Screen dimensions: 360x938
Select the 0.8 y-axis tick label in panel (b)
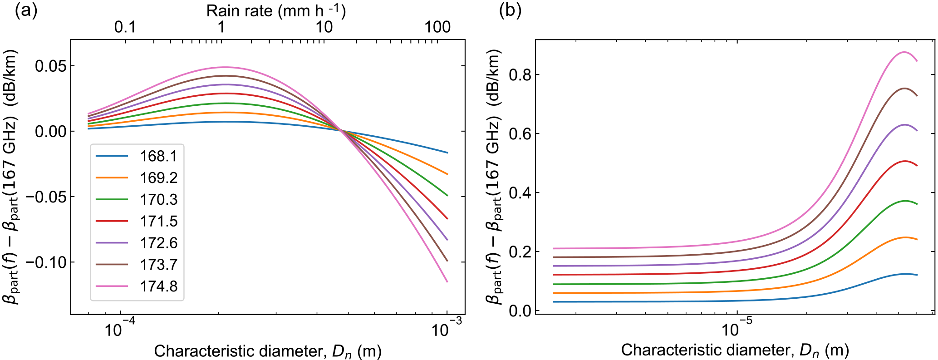click(x=520, y=75)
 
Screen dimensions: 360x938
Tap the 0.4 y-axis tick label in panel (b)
click(x=520, y=193)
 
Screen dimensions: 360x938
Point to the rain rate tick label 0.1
click(x=125, y=27)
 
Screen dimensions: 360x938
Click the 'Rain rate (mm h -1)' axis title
click(x=276, y=11)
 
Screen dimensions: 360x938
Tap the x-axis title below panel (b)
click(x=735, y=350)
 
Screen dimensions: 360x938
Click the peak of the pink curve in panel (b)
click(x=904, y=52)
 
